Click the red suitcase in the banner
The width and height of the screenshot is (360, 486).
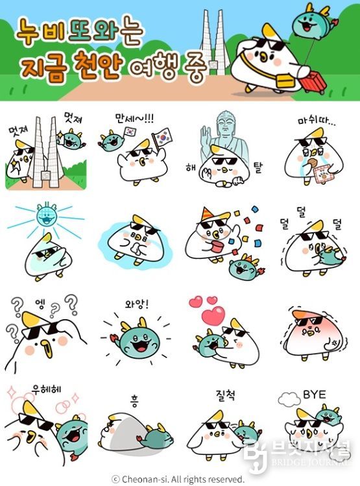(x=313, y=82)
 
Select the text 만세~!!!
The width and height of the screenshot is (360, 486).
(x=134, y=118)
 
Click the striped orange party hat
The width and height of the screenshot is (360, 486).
(x=206, y=215)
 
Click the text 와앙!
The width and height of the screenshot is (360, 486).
(x=137, y=304)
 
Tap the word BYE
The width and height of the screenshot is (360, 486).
(x=315, y=395)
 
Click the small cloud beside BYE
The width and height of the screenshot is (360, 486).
(x=289, y=399)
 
